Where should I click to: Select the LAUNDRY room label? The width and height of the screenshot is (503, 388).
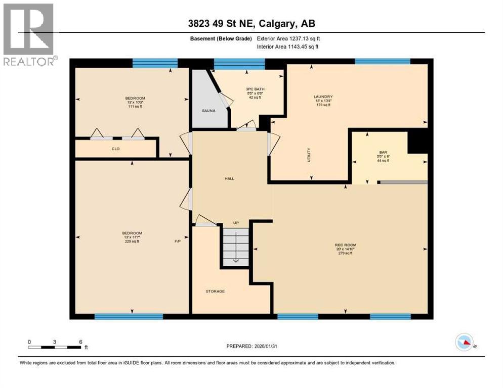(x=323, y=96)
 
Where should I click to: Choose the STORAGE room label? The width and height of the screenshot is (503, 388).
(x=215, y=292)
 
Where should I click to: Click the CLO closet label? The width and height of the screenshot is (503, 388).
(x=115, y=149)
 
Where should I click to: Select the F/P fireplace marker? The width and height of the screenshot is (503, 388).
(x=178, y=241)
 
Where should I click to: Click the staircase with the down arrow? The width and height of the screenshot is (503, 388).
(x=236, y=247)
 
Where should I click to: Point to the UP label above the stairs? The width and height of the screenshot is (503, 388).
(x=236, y=223)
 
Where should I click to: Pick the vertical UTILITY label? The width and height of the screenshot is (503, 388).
(x=309, y=155)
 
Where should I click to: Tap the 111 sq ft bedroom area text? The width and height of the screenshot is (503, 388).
(x=135, y=107)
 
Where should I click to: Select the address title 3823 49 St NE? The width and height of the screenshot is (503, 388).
(x=252, y=24)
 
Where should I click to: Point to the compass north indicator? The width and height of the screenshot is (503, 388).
(x=465, y=343)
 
